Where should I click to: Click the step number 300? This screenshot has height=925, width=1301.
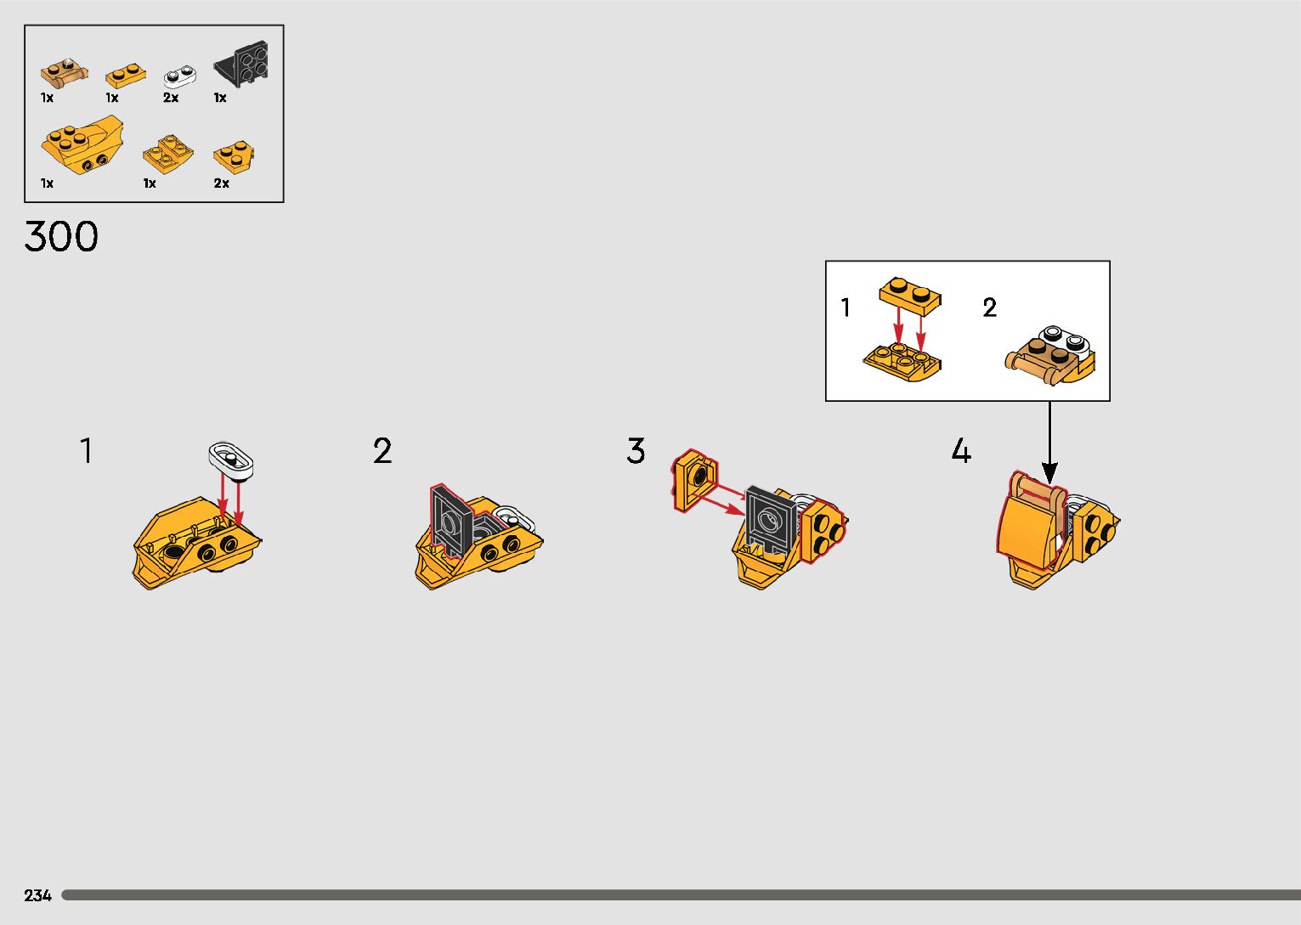tap(61, 237)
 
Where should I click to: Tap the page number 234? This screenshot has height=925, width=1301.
tap(38, 895)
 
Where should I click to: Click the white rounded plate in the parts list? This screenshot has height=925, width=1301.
tap(179, 76)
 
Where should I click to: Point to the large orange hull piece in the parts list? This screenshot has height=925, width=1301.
tap(82, 147)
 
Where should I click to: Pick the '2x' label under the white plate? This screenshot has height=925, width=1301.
tap(171, 98)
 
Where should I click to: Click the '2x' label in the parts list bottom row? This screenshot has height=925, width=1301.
tap(221, 183)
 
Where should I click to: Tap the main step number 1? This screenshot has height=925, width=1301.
tap(86, 451)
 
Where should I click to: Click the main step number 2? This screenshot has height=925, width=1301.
tap(382, 451)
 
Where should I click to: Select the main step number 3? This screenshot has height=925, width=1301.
tap(636, 451)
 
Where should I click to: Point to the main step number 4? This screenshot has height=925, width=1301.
tap(960, 451)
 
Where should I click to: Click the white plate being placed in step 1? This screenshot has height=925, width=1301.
tap(231, 460)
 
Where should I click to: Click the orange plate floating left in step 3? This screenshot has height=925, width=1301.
tap(694, 479)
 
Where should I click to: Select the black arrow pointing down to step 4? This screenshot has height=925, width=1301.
tap(1050, 442)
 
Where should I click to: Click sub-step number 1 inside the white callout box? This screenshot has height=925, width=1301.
tap(846, 307)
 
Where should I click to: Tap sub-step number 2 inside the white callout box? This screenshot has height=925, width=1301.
tap(989, 307)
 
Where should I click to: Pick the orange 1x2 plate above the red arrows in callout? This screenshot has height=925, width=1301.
tap(910, 293)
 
